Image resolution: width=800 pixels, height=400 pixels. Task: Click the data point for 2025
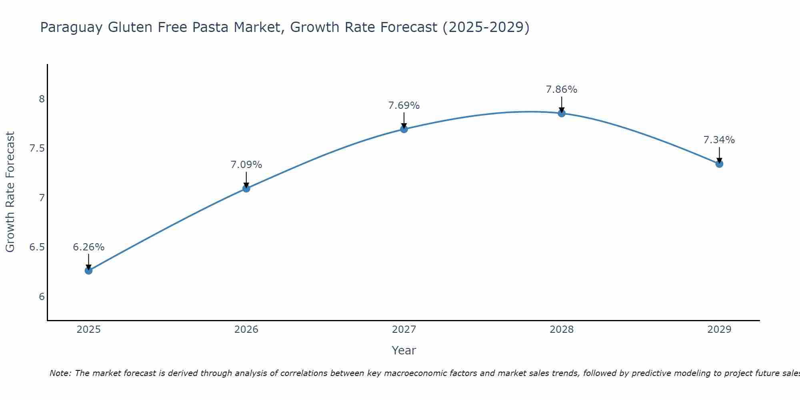coord(88,270)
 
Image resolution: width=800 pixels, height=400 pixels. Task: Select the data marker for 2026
coord(246,188)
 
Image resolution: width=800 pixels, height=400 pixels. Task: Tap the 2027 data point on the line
coord(404,129)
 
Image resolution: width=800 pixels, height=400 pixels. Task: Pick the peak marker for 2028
coord(561,113)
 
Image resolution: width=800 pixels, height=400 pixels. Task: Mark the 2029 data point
coord(719,164)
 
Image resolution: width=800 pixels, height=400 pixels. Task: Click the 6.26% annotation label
coord(88,247)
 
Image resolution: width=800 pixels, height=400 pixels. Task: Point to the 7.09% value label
coord(246,165)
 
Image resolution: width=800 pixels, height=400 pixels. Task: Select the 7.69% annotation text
coord(404,106)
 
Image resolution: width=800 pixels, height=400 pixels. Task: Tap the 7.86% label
coord(561,90)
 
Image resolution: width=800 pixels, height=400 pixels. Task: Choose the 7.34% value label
coord(719,140)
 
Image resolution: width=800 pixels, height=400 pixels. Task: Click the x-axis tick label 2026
coord(246,330)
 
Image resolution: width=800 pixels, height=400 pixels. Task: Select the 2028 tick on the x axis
coord(561,330)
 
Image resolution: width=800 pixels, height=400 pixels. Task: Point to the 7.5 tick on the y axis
coord(37,148)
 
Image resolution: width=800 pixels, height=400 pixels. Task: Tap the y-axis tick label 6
coord(42,297)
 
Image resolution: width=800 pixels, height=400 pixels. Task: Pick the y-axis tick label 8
coord(42,99)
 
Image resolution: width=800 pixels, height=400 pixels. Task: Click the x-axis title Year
coord(404,350)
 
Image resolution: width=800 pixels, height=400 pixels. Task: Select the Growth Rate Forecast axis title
coord(10,192)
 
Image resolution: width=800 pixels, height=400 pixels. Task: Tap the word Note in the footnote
coord(60,373)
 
